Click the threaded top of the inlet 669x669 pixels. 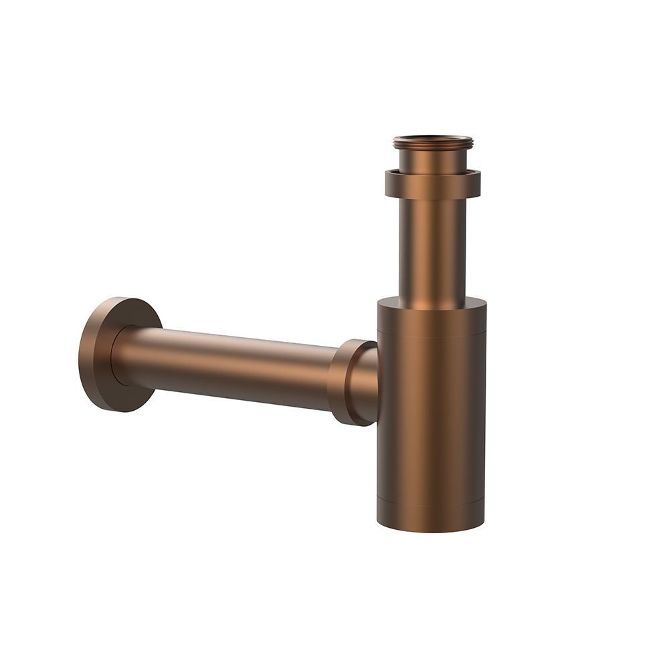pos(433,143)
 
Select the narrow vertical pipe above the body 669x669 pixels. pos(433,248)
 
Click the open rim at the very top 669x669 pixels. pos(434,138)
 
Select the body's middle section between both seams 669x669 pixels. pos(431,415)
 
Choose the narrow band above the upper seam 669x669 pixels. pos(432,320)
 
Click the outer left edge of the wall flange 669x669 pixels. pos(80,355)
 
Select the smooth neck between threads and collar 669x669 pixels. pos(433,161)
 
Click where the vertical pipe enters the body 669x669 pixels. pos(433,298)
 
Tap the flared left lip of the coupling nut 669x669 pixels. pos(334,381)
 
